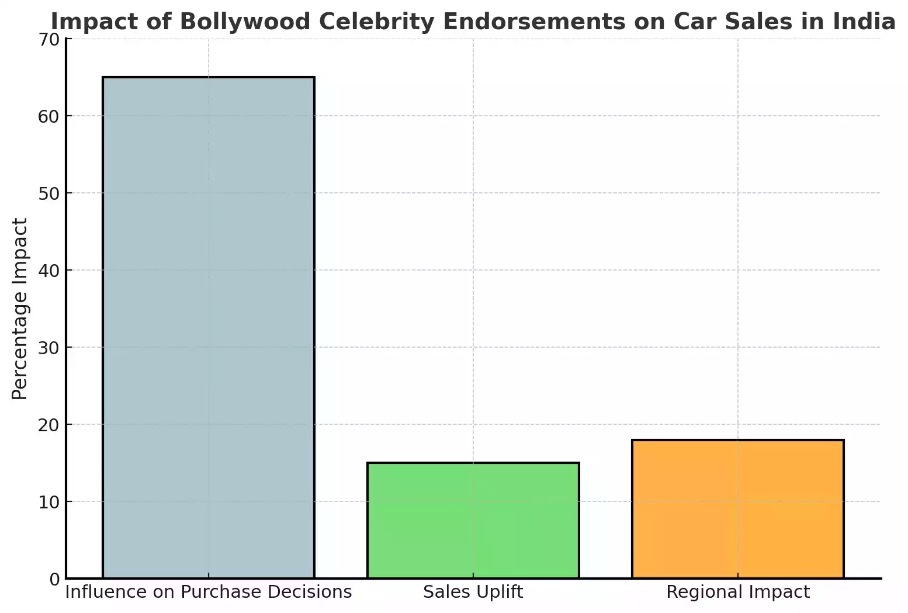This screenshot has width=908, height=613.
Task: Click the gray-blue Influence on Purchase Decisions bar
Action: point(208,327)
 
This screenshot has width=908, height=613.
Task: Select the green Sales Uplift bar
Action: point(473,520)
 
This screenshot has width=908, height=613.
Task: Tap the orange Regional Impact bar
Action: point(737,509)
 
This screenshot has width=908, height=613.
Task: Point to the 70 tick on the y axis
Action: point(49,39)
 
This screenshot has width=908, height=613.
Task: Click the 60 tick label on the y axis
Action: point(49,116)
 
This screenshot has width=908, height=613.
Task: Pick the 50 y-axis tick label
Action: point(49,193)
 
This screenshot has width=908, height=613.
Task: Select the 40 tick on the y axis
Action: point(49,271)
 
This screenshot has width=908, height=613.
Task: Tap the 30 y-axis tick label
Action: point(49,348)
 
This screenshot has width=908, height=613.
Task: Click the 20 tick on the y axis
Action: point(49,425)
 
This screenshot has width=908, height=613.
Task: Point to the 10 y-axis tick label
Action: point(49,502)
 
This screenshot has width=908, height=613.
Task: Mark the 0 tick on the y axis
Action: point(54,579)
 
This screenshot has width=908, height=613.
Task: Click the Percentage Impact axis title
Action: point(20,309)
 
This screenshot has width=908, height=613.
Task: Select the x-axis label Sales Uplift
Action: point(473,592)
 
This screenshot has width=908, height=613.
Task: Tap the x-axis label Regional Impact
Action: point(737,592)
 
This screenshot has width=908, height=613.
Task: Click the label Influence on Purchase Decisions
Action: point(208,592)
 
